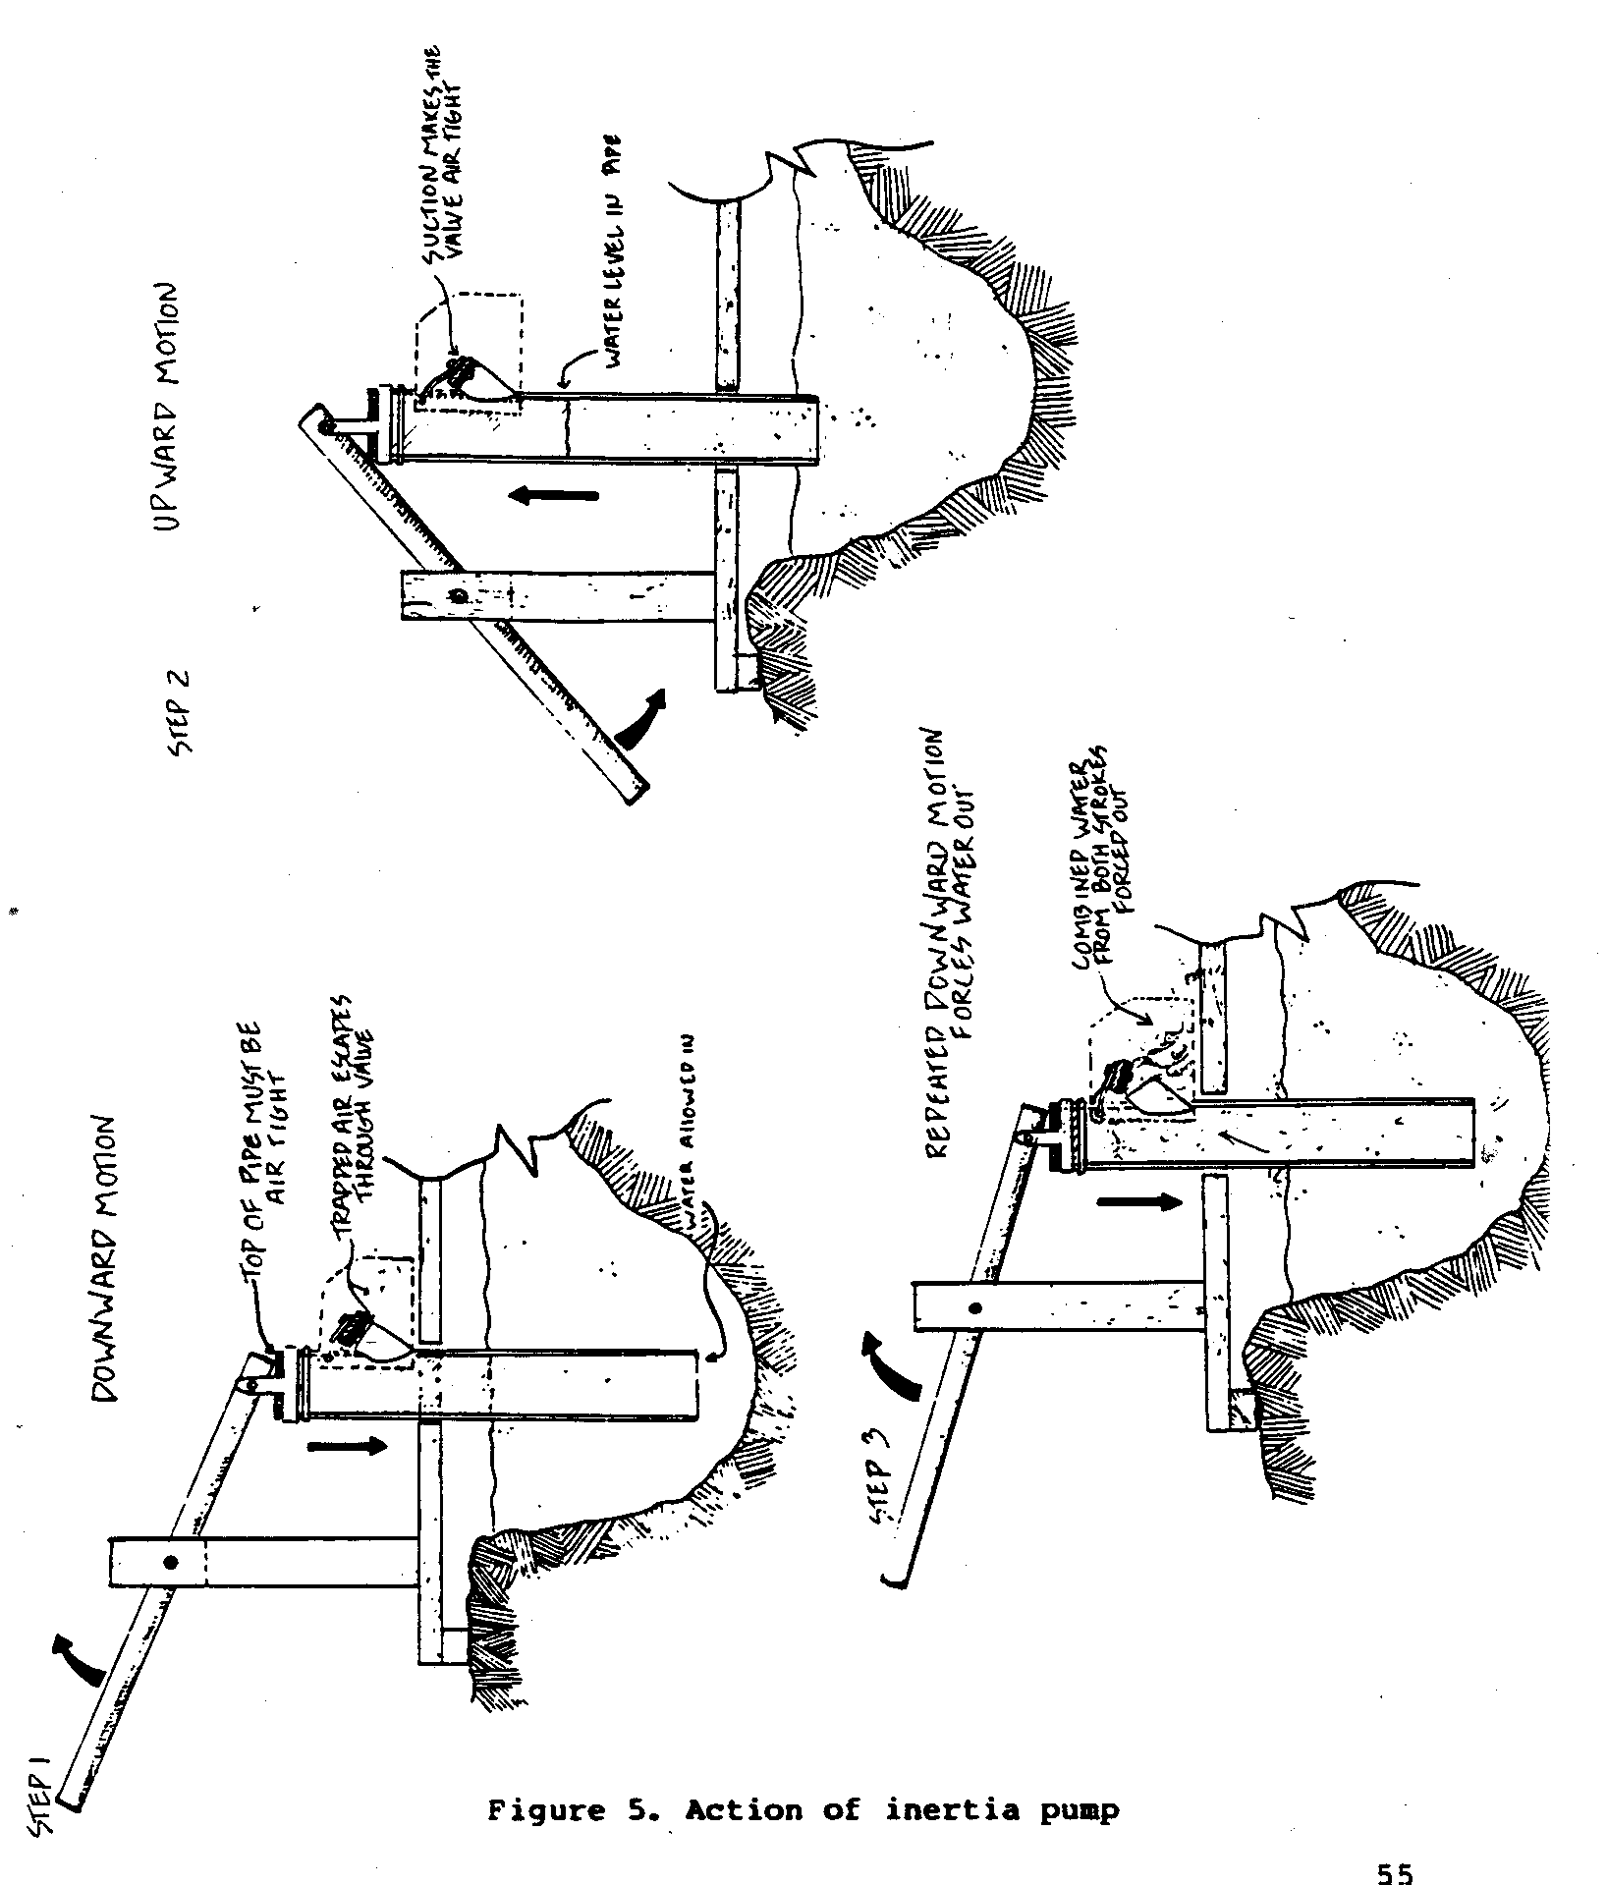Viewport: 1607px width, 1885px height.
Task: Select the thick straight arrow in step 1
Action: click(348, 1446)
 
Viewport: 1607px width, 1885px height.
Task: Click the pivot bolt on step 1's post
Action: click(170, 1563)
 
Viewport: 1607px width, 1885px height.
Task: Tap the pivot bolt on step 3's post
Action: click(974, 1308)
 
